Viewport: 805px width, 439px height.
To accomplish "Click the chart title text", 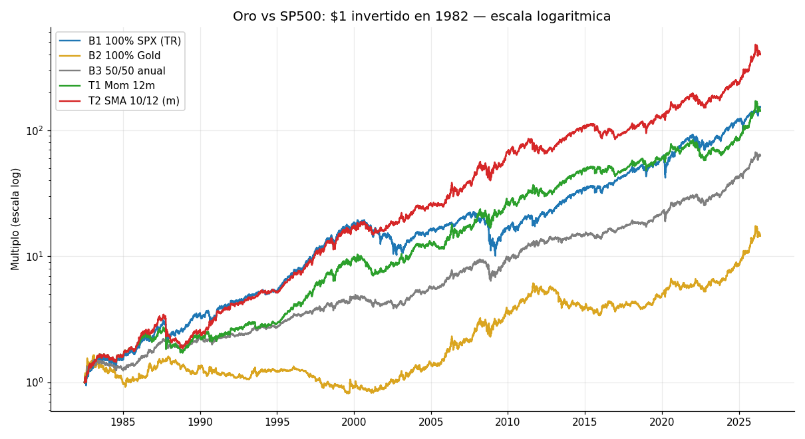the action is (x=422, y=17).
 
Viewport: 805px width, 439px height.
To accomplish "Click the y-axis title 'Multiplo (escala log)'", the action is (x=15, y=219).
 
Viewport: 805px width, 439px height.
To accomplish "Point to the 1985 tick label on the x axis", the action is (x=123, y=422).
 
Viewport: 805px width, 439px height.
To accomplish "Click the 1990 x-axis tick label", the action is (x=200, y=422).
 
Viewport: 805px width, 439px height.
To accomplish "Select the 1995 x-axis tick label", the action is (x=277, y=422).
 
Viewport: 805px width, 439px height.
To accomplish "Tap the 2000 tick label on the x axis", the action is (x=354, y=422).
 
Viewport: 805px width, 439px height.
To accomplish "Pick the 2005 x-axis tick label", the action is (x=431, y=422).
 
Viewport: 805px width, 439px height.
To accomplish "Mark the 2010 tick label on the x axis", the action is (x=508, y=422).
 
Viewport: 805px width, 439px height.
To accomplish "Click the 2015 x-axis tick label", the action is (x=585, y=422).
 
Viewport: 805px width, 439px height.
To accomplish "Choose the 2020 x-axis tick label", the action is (x=662, y=422).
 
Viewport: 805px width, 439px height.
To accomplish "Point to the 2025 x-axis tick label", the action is (x=739, y=422).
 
